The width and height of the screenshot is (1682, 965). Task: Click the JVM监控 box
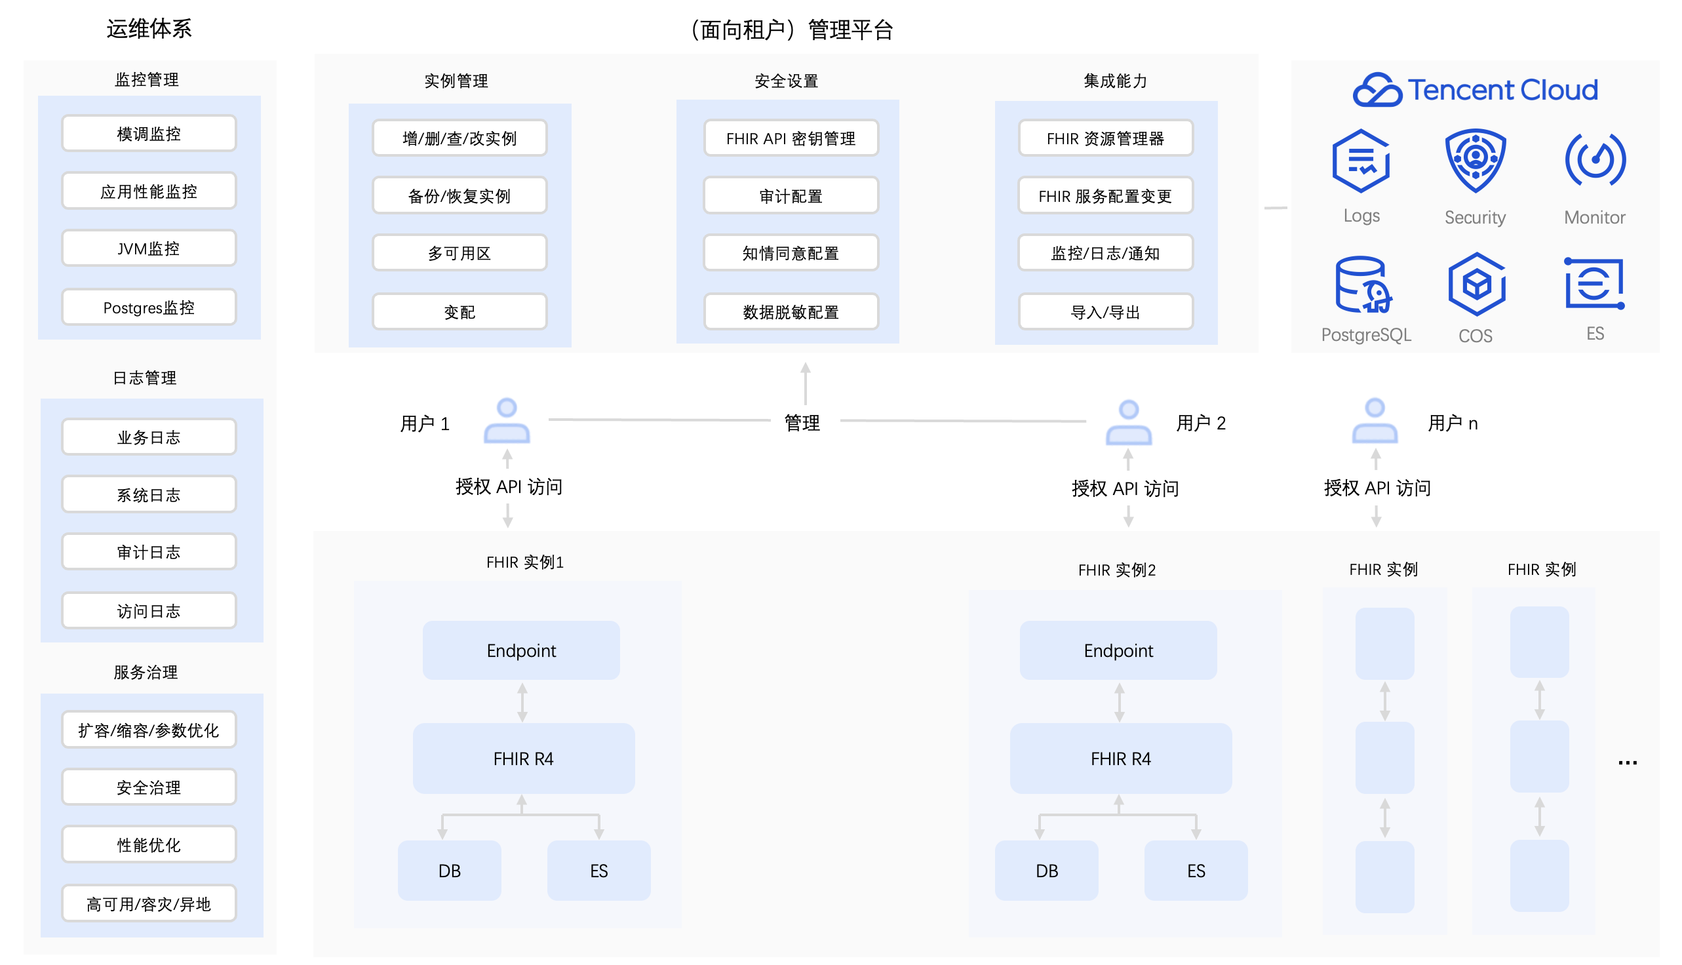point(149,248)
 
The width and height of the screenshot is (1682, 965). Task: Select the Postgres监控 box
point(149,307)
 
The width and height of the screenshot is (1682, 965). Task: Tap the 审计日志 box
point(149,552)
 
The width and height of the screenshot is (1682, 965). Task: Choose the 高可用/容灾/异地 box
point(149,904)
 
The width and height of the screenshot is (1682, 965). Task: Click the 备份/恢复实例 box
point(460,195)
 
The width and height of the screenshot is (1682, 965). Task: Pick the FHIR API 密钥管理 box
point(791,138)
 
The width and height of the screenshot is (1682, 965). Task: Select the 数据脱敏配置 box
point(791,311)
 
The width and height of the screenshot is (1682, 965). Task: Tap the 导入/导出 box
point(1106,311)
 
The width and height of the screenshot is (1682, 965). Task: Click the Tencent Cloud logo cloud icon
point(1377,89)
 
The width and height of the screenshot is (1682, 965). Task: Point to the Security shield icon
point(1476,161)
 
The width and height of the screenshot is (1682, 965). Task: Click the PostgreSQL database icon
point(1364,285)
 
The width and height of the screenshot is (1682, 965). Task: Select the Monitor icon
point(1595,159)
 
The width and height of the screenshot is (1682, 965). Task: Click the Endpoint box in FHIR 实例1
point(522,650)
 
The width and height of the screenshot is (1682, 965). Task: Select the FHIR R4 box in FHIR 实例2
point(1122,758)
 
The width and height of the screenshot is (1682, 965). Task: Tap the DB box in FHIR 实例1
point(449,871)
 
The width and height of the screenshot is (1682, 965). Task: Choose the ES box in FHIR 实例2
point(1196,871)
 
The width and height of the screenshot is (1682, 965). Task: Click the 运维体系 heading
point(149,28)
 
